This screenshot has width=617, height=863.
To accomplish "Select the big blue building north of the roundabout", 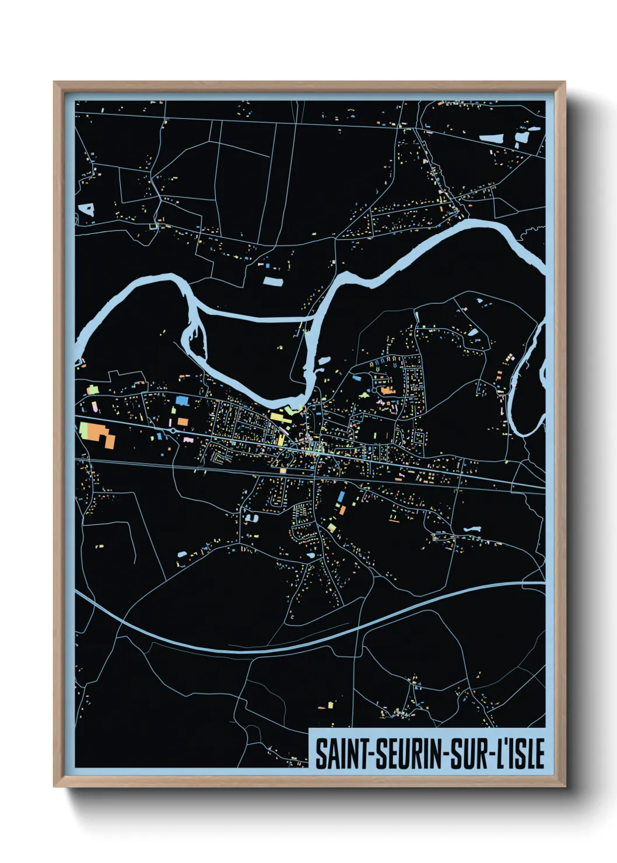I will click(182, 401).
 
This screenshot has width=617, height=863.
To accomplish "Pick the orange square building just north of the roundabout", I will click(183, 421).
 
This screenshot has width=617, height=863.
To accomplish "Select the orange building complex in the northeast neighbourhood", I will click(386, 390).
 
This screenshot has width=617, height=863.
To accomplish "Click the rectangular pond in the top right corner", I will click(492, 139).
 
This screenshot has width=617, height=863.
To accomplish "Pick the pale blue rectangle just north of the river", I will click(272, 281).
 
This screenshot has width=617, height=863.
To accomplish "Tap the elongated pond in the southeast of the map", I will click(471, 529).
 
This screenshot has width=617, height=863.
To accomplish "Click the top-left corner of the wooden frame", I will click(54, 82).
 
